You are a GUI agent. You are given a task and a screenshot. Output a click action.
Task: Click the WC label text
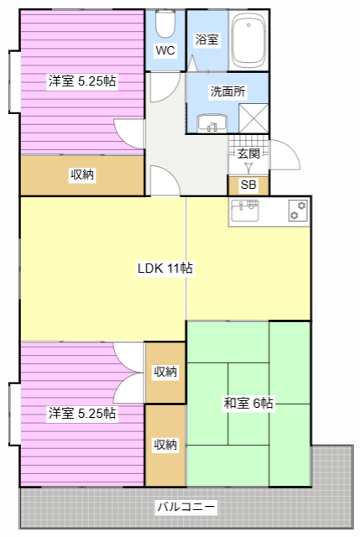(x=164, y=50)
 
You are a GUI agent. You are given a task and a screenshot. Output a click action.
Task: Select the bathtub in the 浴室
(x=249, y=39)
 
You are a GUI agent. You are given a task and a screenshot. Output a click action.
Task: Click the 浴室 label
(x=206, y=39)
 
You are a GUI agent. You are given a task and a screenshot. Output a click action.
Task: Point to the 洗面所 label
(x=227, y=91)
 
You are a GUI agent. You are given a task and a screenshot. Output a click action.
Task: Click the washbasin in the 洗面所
(x=211, y=123)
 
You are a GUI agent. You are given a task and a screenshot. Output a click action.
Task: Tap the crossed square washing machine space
(x=254, y=118)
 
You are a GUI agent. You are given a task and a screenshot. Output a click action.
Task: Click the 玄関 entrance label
(x=248, y=154)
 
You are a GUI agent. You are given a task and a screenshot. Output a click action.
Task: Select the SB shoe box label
(x=248, y=185)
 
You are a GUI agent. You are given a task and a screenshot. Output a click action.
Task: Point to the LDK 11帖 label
(x=166, y=268)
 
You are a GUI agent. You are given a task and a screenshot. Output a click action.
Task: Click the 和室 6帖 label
(x=248, y=404)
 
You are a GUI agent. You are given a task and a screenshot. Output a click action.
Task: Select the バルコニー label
(x=186, y=507)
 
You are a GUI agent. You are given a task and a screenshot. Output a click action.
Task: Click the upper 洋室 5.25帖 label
(x=81, y=81)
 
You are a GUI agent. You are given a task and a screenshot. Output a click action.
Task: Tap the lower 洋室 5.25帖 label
(x=81, y=413)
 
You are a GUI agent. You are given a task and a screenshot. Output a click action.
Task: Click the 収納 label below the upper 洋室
(x=81, y=175)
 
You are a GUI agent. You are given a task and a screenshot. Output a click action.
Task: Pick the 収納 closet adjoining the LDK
(x=165, y=372)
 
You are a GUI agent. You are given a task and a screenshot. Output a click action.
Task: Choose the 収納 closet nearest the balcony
(x=165, y=445)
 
